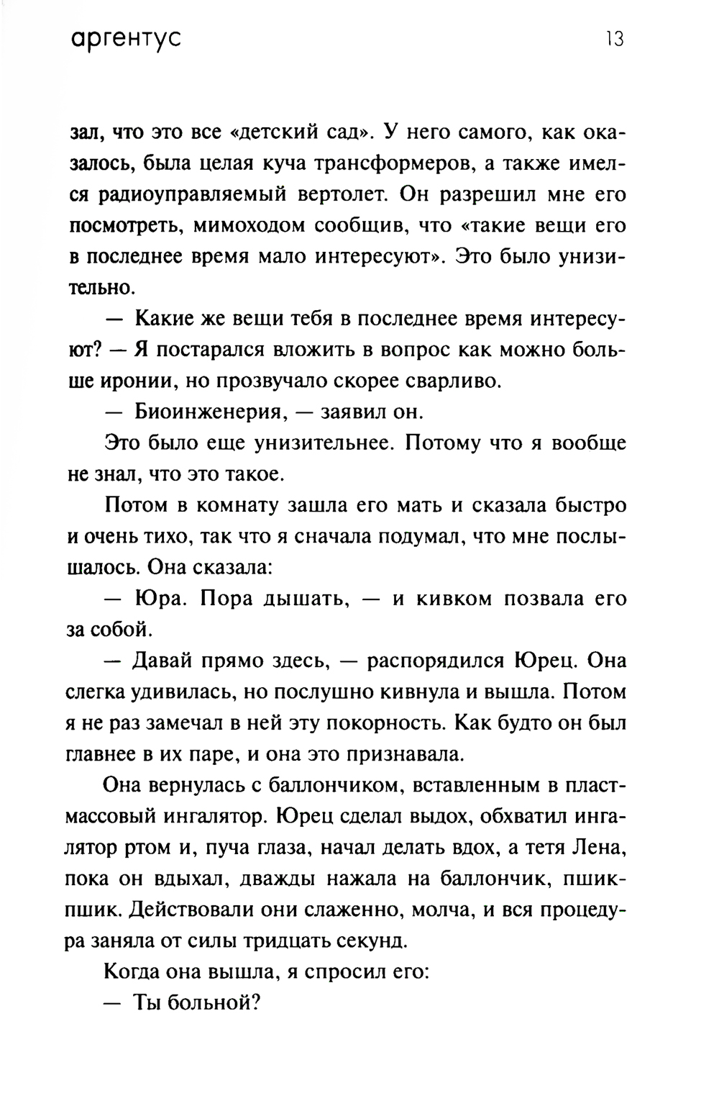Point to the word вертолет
pyautogui.click(x=337, y=194)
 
